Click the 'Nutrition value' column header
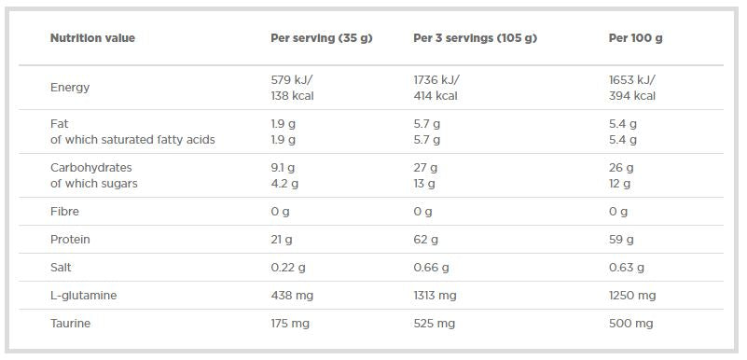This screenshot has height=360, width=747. pyautogui.click(x=92, y=38)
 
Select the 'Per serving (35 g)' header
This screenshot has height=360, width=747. pyautogui.click(x=321, y=38)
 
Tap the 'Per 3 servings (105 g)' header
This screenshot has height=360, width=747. pyautogui.click(x=475, y=38)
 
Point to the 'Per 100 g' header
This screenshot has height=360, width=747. pyautogui.click(x=635, y=38)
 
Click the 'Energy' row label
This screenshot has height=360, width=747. pyautogui.click(x=70, y=88)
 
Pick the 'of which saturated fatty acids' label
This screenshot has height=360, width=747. pyautogui.click(x=132, y=140)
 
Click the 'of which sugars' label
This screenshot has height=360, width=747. pyautogui.click(x=93, y=184)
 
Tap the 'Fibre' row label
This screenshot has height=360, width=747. pyautogui.click(x=65, y=212)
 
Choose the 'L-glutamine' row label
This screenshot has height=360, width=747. pyautogui.click(x=83, y=296)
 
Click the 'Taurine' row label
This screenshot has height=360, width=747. pyautogui.click(x=70, y=324)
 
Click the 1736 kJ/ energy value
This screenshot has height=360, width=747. pyautogui.click(x=437, y=80)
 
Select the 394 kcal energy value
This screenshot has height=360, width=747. pyautogui.click(x=631, y=96)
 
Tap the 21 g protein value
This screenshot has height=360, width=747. pyautogui.click(x=281, y=240)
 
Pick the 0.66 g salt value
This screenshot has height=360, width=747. pyautogui.click(x=431, y=268)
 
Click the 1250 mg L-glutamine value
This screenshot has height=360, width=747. pyautogui.click(x=631, y=296)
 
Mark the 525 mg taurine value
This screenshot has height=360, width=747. pyautogui.click(x=434, y=324)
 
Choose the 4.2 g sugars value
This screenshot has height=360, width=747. pyautogui.click(x=283, y=184)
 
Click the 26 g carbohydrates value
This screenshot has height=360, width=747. pyautogui.click(x=620, y=168)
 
